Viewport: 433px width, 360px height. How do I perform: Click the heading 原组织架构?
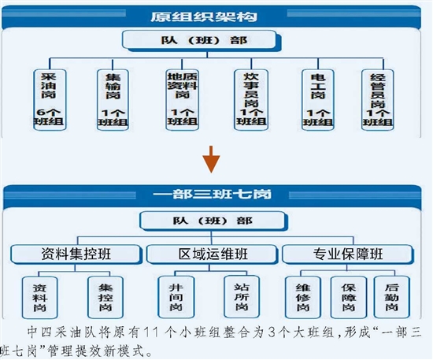(204, 17)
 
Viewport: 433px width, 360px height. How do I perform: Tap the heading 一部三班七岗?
(212, 195)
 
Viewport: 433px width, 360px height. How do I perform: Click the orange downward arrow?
(211, 159)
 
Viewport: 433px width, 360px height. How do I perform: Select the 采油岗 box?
(50, 100)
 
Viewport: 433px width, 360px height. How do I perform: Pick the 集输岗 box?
(113, 100)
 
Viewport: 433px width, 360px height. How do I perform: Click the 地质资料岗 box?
(183, 100)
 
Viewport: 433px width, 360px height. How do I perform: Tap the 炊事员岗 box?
(251, 100)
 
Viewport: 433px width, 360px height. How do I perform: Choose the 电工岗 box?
(318, 100)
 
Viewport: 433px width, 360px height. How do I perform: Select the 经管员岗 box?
(378, 100)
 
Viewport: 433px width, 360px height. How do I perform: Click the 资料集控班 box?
(76, 254)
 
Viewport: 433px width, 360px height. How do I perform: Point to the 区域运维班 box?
(212, 254)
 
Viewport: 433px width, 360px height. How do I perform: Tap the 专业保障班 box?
(348, 254)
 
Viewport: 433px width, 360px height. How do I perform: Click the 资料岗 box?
(40, 298)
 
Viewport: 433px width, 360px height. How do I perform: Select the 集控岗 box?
(105, 298)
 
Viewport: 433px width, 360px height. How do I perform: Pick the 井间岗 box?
(176, 297)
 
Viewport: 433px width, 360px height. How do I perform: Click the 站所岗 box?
(242, 297)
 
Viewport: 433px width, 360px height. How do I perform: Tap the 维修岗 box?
(303, 297)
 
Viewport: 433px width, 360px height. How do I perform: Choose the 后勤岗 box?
(392, 297)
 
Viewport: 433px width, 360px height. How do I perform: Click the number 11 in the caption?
(151, 332)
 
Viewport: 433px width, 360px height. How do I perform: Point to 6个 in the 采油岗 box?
(48, 113)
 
